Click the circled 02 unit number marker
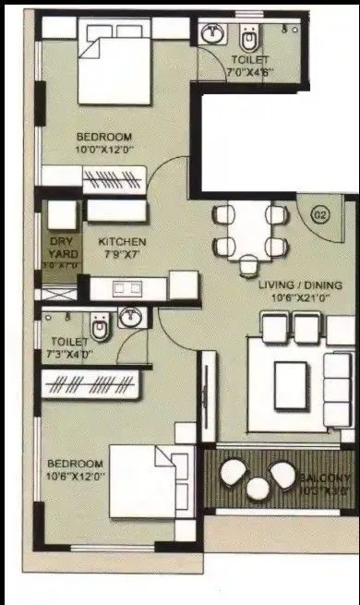point(321,216)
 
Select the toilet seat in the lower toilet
point(100,325)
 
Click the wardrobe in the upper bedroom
point(112,175)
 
